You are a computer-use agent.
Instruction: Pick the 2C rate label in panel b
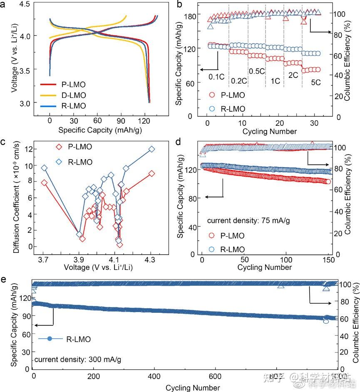coord(293,76)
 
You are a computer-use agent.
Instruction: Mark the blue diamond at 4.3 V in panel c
coord(151,149)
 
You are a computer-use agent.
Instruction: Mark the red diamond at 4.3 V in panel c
coord(151,173)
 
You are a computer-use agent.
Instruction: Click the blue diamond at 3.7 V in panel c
coord(44,168)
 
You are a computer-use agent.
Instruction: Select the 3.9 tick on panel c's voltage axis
coord(79,259)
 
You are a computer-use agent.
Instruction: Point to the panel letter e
coord(4,278)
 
